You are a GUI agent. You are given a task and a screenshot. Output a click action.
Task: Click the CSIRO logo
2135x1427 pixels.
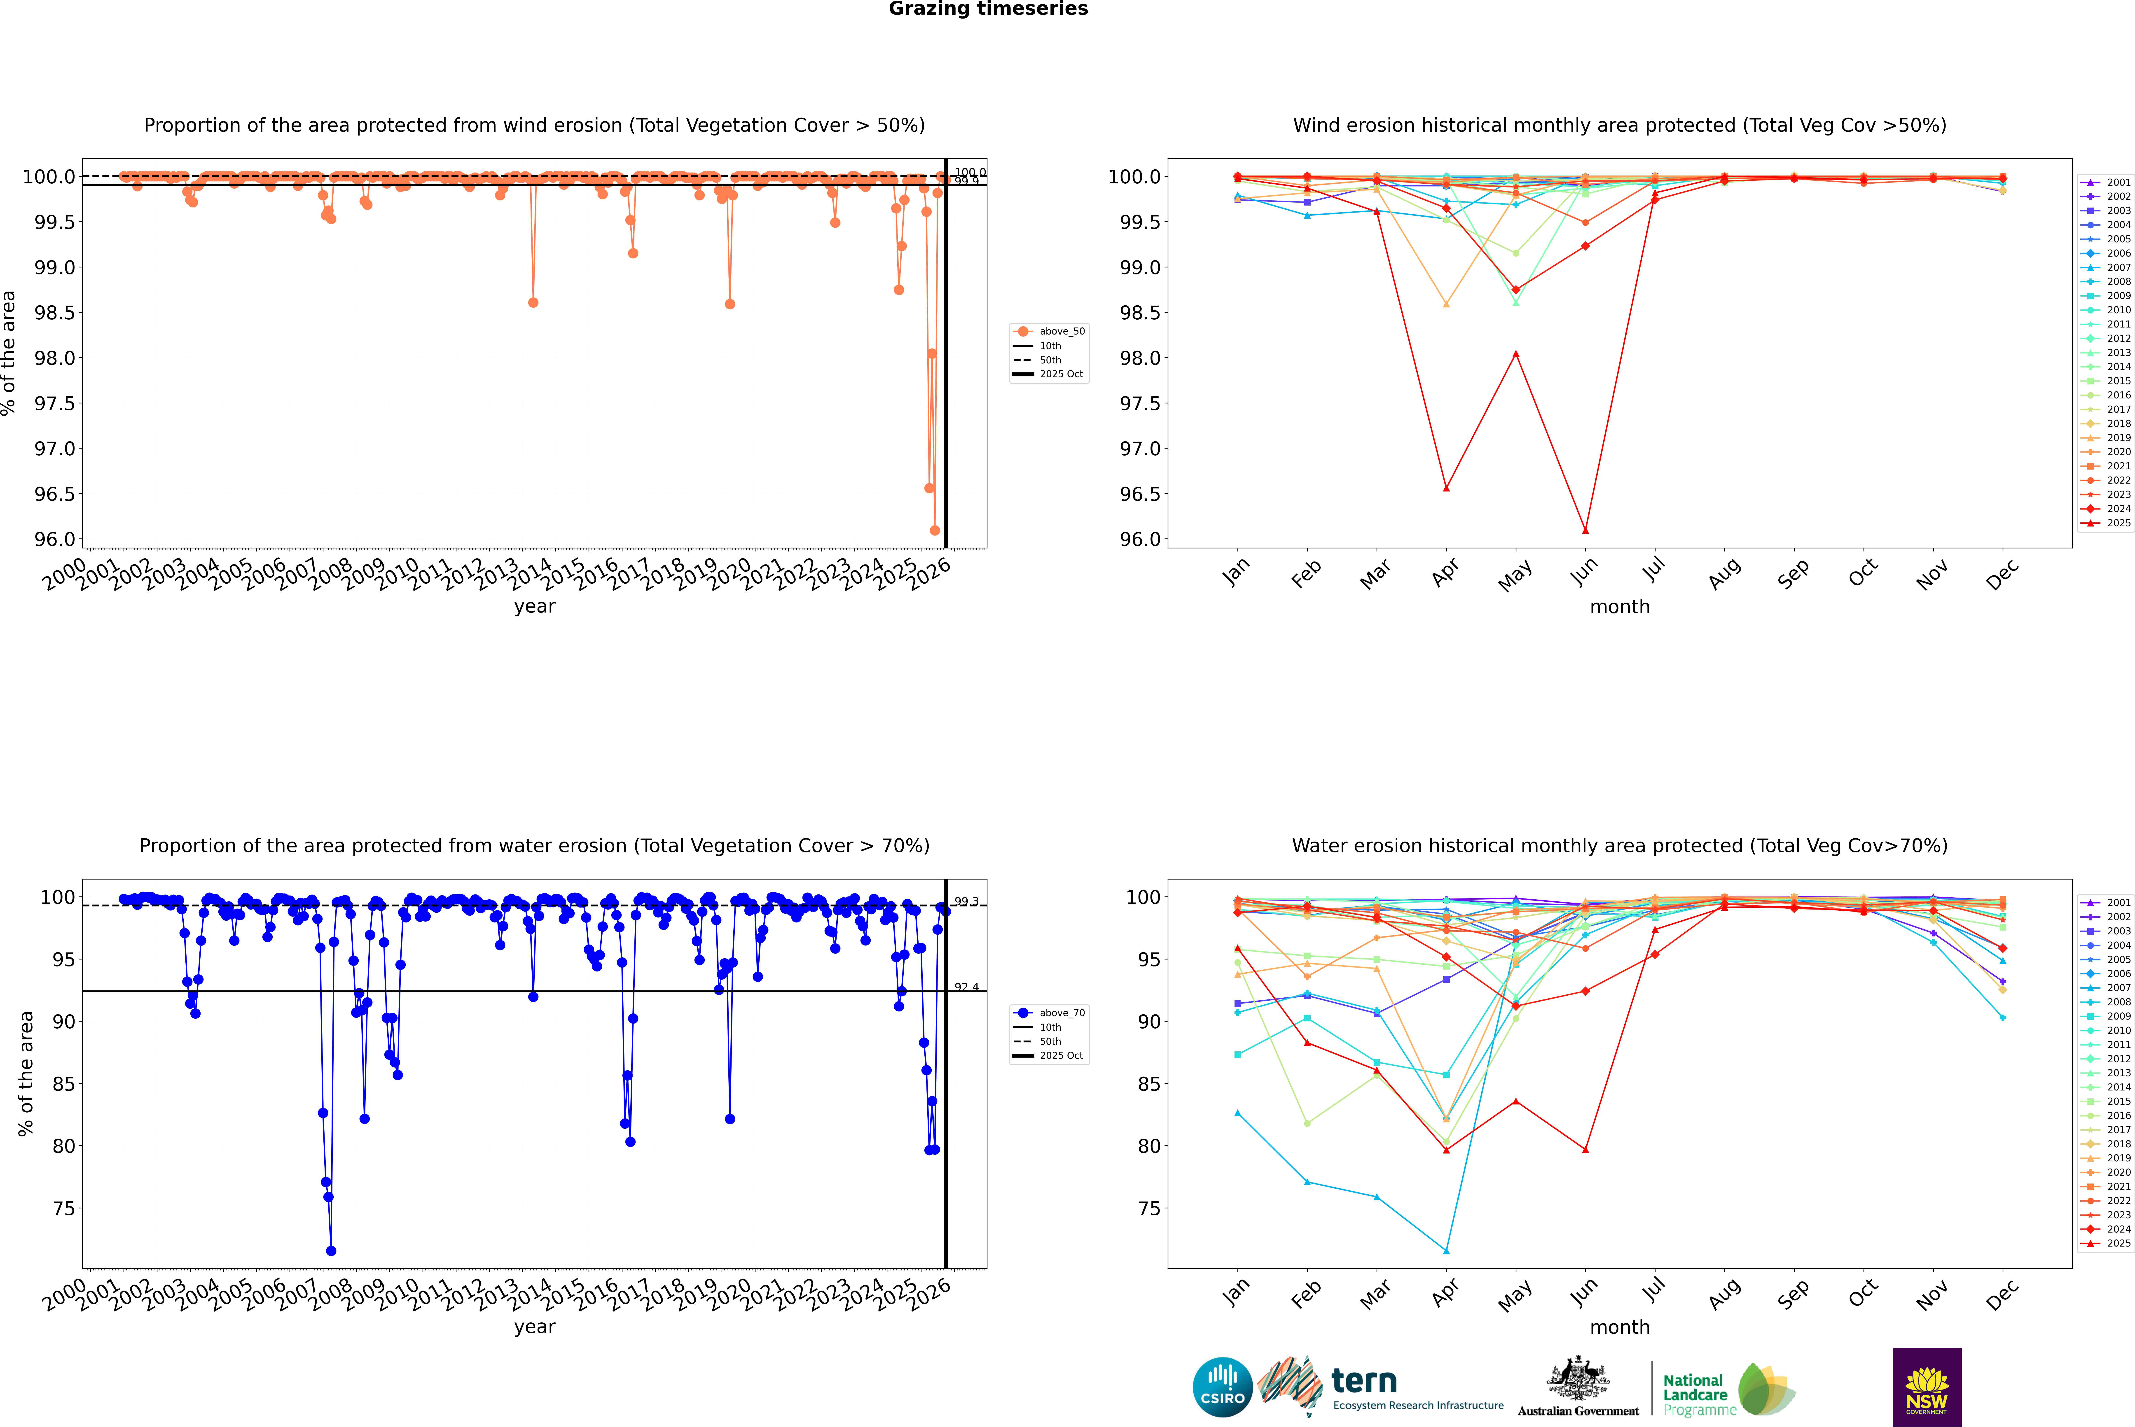(x=1222, y=1387)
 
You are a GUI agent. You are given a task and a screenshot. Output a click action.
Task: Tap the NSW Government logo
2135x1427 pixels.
(x=1927, y=1387)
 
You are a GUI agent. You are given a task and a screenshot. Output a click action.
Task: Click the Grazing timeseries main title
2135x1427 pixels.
(x=987, y=9)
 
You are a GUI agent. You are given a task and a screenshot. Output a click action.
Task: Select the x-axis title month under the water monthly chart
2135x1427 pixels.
(x=1619, y=1327)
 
